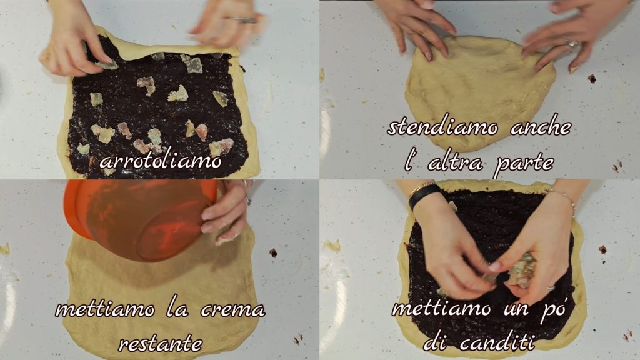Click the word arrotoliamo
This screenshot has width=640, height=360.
point(161,161)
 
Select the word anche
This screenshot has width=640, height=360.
point(541,127)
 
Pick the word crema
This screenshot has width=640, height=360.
point(232,310)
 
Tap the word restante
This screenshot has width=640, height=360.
point(161,344)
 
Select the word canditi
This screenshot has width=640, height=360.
point(497,342)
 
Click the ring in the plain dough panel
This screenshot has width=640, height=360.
point(571,43)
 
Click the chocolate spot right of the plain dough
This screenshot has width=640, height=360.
point(592,78)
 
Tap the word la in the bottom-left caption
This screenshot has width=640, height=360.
point(177,309)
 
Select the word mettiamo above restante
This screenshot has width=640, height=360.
point(105,309)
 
